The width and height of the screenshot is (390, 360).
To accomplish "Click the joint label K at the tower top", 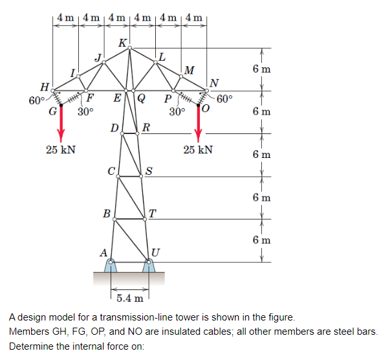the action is point(123,43).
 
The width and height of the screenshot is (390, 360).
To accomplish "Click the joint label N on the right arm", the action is point(215,82).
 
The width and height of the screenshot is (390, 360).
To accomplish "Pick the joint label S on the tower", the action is point(149,172).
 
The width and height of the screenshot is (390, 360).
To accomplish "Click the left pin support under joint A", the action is point(112,266).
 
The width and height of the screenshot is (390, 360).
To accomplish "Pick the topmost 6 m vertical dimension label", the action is point(261,69).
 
